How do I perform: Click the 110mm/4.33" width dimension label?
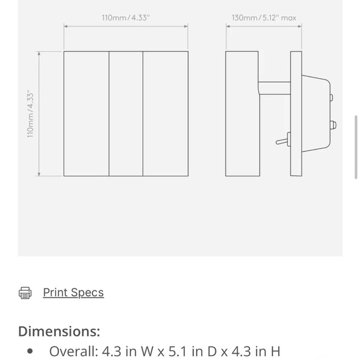[125, 18]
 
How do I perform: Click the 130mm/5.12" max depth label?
[264, 18]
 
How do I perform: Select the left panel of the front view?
[86, 114]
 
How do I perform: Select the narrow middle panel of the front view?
[126, 114]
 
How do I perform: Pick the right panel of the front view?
[165, 114]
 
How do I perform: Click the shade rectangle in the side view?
[242, 114]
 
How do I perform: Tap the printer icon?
[25, 293]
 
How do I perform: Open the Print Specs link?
[73, 292]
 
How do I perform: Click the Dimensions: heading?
[59, 331]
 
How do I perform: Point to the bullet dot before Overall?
[30, 352]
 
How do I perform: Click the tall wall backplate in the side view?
[296, 114]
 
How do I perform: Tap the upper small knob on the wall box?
[331, 97]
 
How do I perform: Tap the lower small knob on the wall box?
[333, 125]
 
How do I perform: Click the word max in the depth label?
[289, 18]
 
